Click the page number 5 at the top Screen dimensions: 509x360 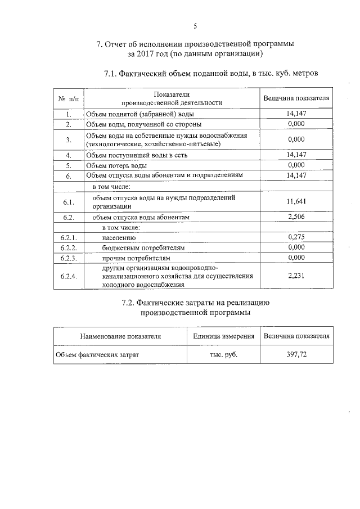tap(195, 26)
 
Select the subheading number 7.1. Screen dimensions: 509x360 tap(113, 74)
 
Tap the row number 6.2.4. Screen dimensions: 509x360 tap(69, 276)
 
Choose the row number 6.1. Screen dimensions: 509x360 tap(69, 201)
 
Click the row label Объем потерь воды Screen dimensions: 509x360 tap(116, 165)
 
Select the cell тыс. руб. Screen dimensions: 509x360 tap(223, 355)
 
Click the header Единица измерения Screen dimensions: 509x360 tap(223, 336)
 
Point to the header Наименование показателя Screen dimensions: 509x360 tap(120, 336)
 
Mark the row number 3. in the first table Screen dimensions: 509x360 tap(69, 139)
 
